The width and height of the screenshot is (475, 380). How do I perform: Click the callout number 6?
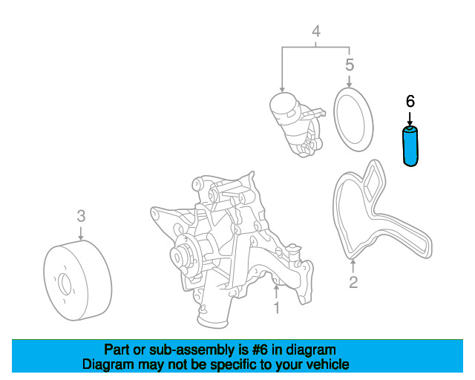pos(410,101)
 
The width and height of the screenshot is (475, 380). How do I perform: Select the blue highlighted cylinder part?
pos(410,146)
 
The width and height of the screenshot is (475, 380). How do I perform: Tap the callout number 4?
pos(316,31)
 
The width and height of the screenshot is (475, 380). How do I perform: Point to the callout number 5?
pos(350,65)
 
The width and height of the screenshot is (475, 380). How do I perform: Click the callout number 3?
pos(81,216)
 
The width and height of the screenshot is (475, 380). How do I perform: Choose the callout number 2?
pos(353,282)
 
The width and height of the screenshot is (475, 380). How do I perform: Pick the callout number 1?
pos(276,307)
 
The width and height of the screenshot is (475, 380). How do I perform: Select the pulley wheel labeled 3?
pos(77,281)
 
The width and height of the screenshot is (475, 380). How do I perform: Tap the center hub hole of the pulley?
pos(65,284)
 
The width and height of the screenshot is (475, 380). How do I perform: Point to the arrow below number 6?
pos(410,119)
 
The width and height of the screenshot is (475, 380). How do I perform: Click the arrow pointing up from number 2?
pos(353,266)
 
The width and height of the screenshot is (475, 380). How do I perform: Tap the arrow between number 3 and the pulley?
pos(81,233)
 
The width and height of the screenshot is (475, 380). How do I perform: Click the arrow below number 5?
pos(350,81)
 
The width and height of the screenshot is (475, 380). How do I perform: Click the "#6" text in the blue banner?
pos(260,350)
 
